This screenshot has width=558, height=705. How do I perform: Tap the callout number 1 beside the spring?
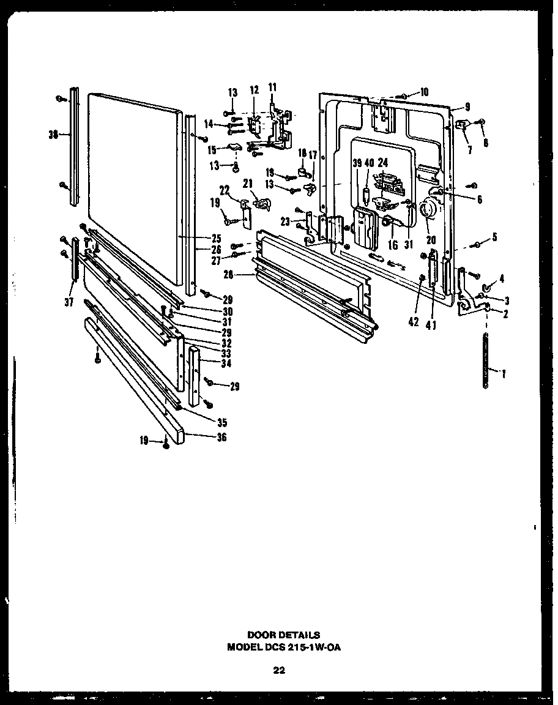coord(503,373)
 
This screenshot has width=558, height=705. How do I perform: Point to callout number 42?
coord(414,323)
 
